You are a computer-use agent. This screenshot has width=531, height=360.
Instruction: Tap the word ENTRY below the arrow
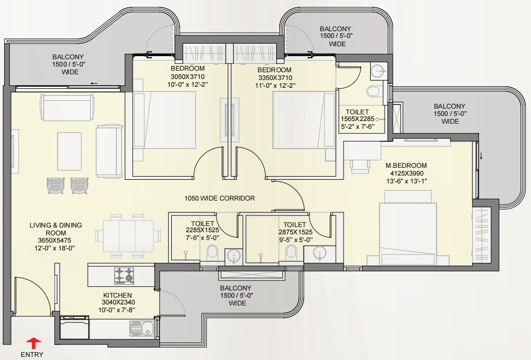32,355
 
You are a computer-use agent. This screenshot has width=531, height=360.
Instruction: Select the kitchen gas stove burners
124,276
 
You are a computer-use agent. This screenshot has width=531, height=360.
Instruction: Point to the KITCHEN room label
117,295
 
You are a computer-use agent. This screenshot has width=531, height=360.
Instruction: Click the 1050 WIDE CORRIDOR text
220,198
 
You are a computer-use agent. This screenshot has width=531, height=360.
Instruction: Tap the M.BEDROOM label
406,165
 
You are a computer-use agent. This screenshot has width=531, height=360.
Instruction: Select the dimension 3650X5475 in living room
55,241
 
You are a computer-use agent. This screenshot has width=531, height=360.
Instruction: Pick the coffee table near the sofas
69,151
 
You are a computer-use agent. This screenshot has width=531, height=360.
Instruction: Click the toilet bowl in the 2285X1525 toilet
212,253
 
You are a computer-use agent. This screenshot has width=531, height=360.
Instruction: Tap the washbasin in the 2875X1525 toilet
320,253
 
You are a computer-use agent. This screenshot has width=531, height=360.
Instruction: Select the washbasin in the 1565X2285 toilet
377,71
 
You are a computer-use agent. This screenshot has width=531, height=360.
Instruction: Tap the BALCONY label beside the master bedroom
450,106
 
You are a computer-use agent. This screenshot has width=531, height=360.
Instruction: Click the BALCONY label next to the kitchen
236,288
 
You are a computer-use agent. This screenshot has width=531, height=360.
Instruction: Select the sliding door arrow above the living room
94,83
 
